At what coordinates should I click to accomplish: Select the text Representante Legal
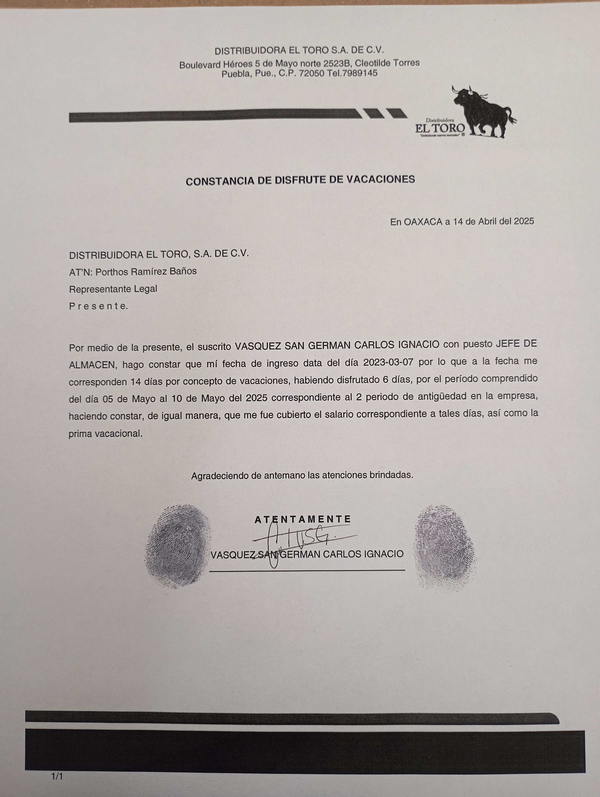(113, 289)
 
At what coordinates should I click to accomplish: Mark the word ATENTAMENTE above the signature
(303, 519)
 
